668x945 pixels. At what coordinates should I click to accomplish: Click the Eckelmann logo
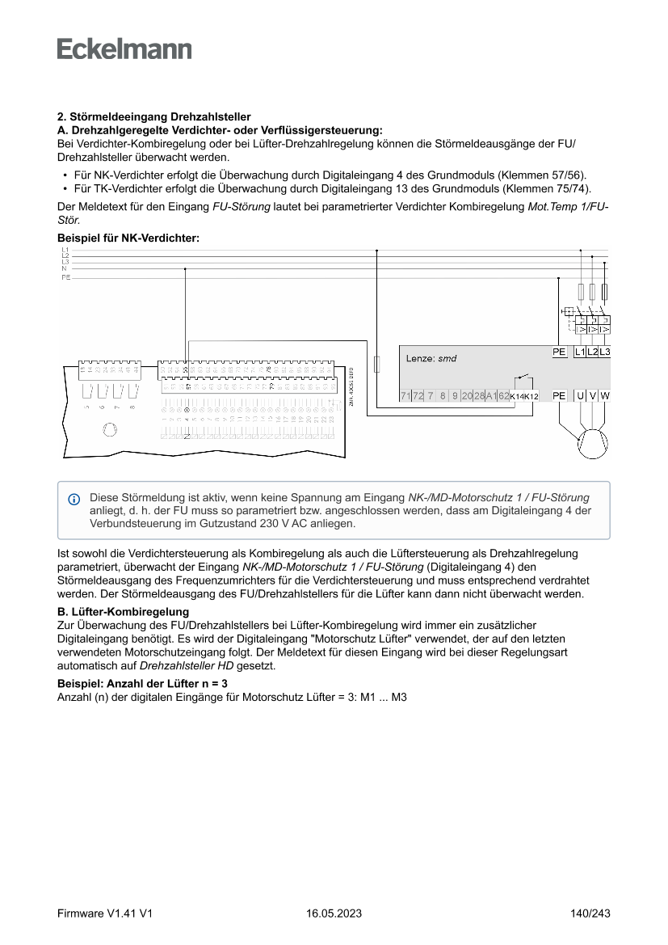[124, 49]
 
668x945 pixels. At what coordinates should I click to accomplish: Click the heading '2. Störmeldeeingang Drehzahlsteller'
[153, 117]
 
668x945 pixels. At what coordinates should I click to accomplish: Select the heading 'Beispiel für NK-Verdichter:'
[128, 238]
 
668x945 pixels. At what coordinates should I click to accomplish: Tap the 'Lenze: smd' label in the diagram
[431, 357]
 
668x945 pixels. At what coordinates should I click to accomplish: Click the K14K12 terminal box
[524, 396]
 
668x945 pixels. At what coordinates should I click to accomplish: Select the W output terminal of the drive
[605, 395]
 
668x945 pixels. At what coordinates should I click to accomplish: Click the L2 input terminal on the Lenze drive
[592, 352]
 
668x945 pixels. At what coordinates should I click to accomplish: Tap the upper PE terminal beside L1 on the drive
[559, 352]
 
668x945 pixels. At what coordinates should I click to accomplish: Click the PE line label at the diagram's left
[65, 277]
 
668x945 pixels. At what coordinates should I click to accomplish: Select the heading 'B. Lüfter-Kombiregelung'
[123, 612]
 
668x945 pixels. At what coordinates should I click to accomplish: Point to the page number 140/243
[590, 913]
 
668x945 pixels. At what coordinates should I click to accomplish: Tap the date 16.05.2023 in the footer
[334, 913]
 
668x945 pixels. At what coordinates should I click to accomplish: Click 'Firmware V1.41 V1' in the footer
[105, 913]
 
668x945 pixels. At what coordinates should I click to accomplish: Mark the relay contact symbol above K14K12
[524, 379]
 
